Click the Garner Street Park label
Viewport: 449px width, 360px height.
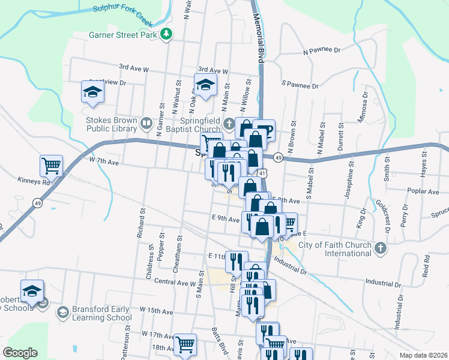(123, 35)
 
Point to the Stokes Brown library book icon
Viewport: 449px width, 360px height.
(146, 124)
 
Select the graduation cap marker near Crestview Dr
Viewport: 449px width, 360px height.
(93, 91)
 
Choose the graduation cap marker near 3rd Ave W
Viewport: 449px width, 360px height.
(205, 84)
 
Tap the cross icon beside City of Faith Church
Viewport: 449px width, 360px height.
(379, 248)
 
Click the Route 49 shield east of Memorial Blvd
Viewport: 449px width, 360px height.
(278, 157)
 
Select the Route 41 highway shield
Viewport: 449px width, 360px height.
(263, 173)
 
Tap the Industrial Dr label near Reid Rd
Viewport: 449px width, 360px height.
(383, 282)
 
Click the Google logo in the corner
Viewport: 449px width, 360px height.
(20, 353)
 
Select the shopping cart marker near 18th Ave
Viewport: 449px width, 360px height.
(185, 344)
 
